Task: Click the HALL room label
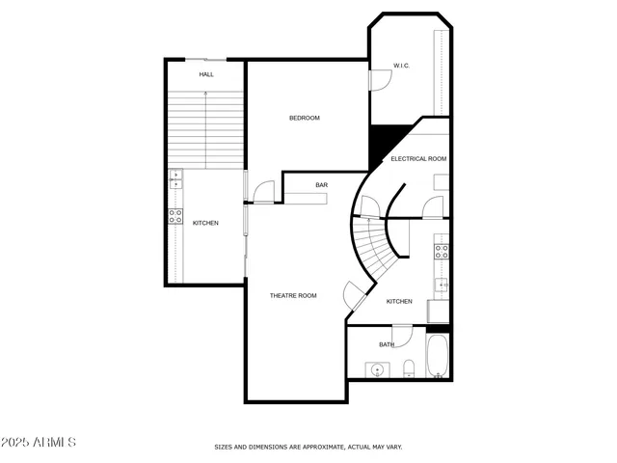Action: tap(206, 74)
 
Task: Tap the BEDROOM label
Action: tap(305, 118)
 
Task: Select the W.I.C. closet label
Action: tap(402, 66)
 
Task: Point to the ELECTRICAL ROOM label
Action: tap(417, 158)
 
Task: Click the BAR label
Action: tap(322, 185)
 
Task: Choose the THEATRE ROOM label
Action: tap(293, 295)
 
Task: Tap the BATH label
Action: tap(387, 344)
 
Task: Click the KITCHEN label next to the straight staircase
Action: tap(205, 223)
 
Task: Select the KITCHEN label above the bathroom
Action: tap(399, 301)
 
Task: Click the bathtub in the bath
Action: tap(437, 357)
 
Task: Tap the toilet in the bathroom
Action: tap(409, 368)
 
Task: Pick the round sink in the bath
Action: tap(377, 369)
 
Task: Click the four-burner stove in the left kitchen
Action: tap(176, 217)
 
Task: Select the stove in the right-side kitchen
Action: tap(442, 252)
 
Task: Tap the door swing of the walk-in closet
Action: tap(380, 80)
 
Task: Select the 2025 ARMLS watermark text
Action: tap(39, 442)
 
